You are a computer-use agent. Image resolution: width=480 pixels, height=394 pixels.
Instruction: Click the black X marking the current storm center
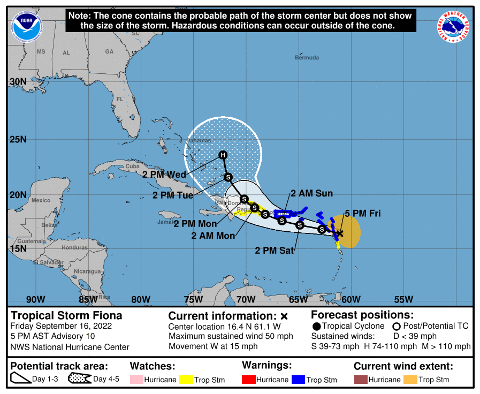(339, 233)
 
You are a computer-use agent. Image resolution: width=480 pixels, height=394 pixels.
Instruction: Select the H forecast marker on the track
(223, 155)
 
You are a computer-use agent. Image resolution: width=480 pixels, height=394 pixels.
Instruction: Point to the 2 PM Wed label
(164, 175)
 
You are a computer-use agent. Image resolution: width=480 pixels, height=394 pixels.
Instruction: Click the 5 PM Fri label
(362, 213)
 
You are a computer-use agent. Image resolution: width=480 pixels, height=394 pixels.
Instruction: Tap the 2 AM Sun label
(312, 194)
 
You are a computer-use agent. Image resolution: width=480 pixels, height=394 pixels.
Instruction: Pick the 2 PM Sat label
(275, 250)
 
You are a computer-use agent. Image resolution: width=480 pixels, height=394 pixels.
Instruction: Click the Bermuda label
(307, 58)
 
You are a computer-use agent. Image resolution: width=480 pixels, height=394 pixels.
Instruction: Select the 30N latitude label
(18, 82)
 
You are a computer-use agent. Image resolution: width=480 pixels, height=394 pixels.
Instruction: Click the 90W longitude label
(35, 299)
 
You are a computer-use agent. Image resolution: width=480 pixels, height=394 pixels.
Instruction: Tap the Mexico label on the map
(41, 200)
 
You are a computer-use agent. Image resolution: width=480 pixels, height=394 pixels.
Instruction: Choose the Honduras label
(74, 248)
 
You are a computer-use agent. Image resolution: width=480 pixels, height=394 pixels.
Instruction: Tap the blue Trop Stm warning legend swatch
(298, 380)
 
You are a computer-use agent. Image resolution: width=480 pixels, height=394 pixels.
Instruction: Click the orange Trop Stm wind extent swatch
(410, 380)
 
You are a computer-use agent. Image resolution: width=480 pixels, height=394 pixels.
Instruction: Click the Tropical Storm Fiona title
(67, 315)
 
